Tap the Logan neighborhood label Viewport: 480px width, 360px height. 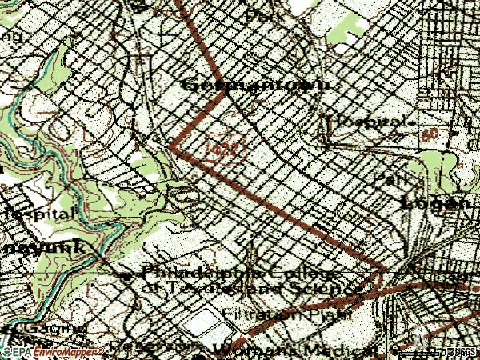(x=436, y=202)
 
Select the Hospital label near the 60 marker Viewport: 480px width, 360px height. (x=370, y=122)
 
